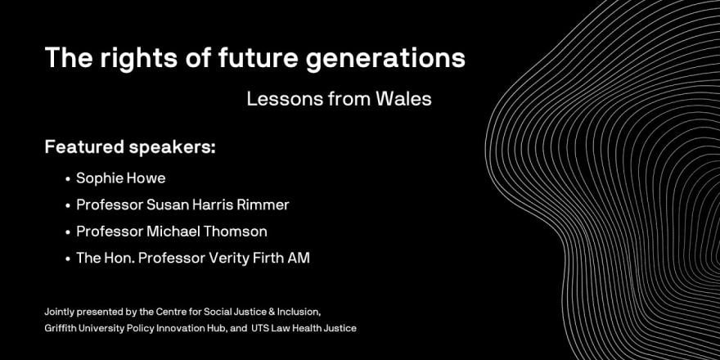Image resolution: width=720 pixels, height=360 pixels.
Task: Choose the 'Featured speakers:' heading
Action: (x=130, y=148)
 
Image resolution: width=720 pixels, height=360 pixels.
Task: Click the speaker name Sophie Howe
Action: (x=121, y=178)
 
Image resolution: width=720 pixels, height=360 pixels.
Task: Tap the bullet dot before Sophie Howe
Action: (x=67, y=179)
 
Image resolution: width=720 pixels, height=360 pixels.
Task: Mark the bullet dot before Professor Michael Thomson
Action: (x=67, y=232)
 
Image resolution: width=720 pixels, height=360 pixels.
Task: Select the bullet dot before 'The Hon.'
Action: (x=67, y=259)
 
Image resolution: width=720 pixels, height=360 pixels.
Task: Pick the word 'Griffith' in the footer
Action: (x=57, y=328)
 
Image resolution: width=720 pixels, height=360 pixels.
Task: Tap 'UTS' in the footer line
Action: (x=259, y=328)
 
